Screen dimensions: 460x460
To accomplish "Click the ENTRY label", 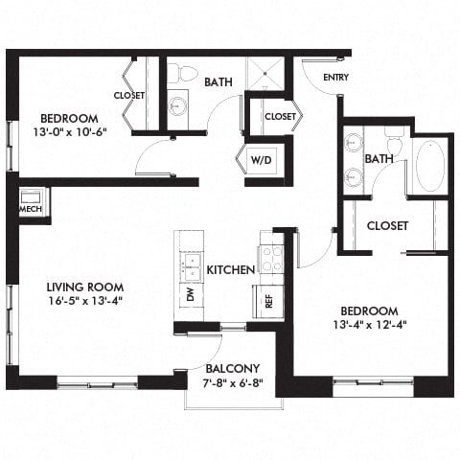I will (x=335, y=78).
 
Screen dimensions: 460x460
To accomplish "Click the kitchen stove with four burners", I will (x=271, y=257).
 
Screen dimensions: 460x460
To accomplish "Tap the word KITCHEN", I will (x=230, y=270).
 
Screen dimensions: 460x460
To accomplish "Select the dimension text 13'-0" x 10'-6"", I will (x=68, y=132).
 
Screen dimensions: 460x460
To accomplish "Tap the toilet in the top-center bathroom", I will (x=185, y=73).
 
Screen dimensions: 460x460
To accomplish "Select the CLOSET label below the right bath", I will (x=388, y=226).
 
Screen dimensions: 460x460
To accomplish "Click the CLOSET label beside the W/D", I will (x=279, y=116).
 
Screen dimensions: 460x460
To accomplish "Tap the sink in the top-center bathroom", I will (x=178, y=105).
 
